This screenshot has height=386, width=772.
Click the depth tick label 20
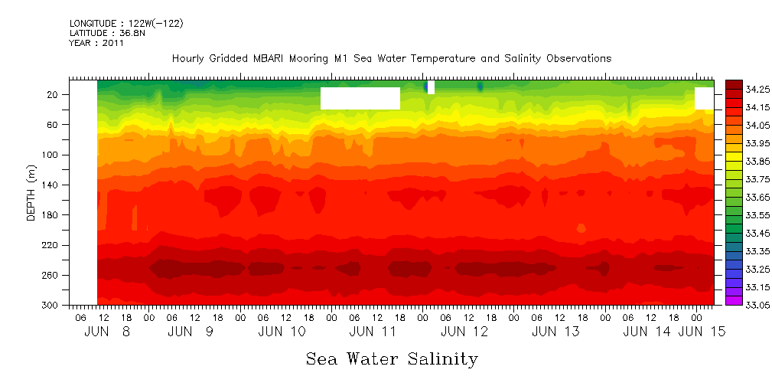pyautogui.click(x=53, y=94)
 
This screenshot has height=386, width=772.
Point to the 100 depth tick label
pyautogui.click(x=50, y=155)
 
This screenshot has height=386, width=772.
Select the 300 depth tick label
pyautogui.click(x=50, y=305)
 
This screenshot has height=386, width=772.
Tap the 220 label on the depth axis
pyautogui.click(x=50, y=245)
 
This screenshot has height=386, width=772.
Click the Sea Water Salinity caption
pyautogui.click(x=392, y=358)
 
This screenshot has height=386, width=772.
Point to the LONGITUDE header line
pyautogui.click(x=126, y=24)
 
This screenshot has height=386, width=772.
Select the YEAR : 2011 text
pyautogui.click(x=96, y=43)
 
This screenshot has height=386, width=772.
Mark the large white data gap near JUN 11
pyautogui.click(x=360, y=98)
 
